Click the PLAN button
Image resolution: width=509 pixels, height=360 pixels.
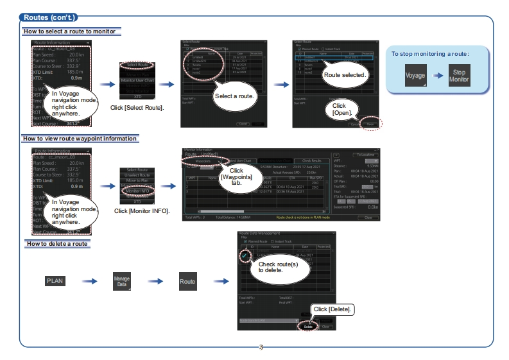click(55, 281)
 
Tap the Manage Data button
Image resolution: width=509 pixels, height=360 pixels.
click(122, 281)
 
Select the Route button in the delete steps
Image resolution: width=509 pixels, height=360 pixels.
click(187, 281)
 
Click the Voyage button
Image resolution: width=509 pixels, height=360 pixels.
click(415, 76)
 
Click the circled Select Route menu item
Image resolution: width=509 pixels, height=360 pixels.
click(137, 65)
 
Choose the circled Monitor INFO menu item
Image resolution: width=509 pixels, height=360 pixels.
click(137, 191)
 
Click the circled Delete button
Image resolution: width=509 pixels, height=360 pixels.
click(308, 326)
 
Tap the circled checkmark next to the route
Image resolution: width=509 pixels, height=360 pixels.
click(246, 255)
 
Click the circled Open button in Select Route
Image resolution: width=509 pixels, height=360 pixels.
click(370, 124)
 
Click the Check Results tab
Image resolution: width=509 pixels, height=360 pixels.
click(311, 160)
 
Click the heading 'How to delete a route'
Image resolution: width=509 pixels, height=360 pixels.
click(56, 244)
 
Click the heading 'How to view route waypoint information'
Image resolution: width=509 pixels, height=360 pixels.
click(80, 139)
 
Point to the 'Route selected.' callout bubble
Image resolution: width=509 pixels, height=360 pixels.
click(345, 76)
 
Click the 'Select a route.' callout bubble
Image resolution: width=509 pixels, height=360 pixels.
click(236, 96)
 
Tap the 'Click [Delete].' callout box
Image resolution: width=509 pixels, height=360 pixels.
click(332, 309)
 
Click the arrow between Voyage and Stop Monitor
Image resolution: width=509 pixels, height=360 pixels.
click(438, 76)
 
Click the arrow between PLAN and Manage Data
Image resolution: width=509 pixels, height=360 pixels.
click(89, 281)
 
